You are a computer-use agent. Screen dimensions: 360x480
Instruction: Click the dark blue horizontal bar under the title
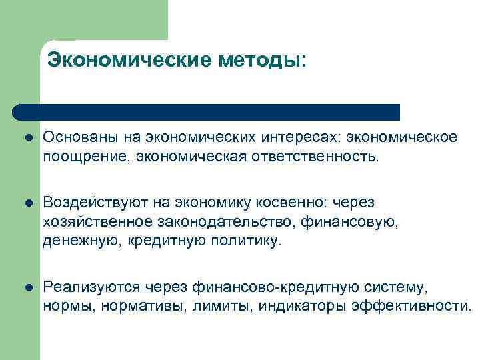tap(207, 111)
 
